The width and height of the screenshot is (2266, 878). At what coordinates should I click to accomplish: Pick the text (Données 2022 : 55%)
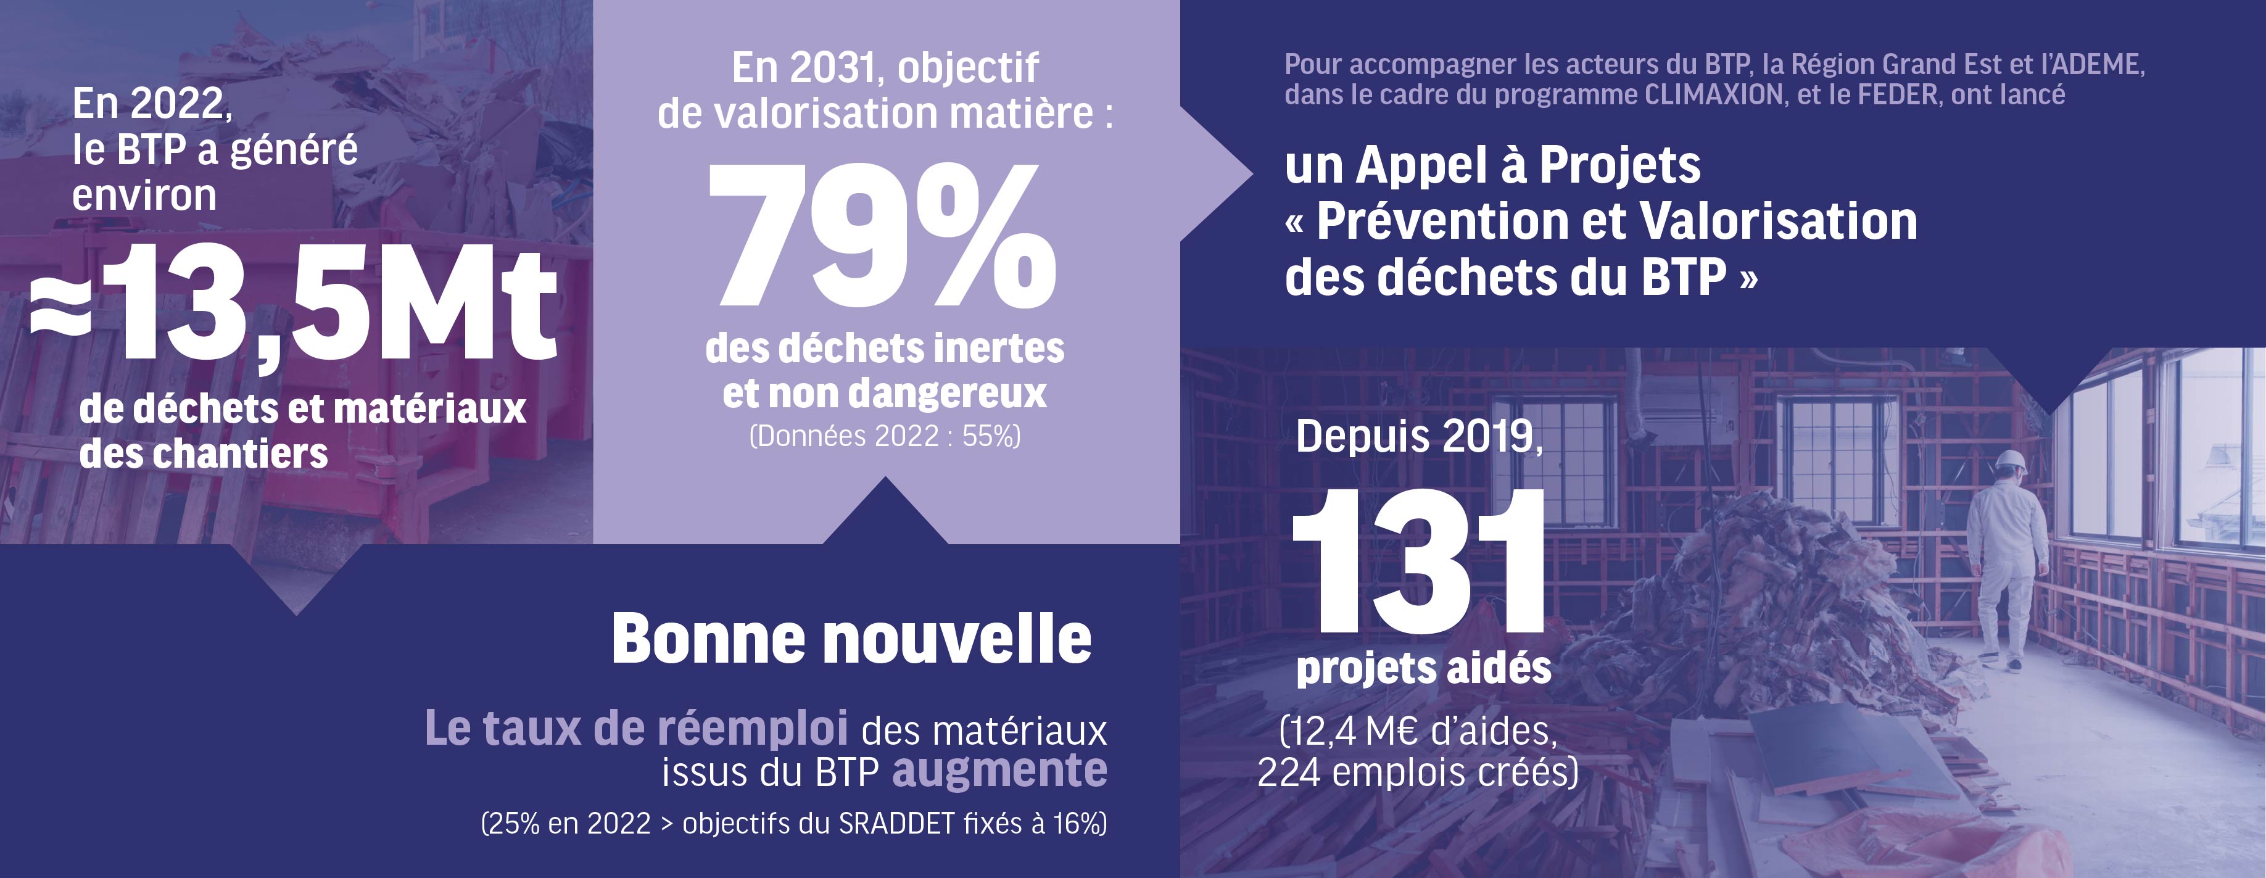tap(884, 436)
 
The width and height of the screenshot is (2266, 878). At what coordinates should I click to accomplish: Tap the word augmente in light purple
tap(999, 771)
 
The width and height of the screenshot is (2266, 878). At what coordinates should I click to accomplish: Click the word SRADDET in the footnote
tap(896, 824)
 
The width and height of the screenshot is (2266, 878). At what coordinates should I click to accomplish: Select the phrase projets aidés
tap(1423, 669)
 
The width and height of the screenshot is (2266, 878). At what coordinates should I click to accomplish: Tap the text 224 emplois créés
tap(1416, 773)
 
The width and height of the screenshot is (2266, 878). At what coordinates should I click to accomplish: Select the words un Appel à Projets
tap(1492, 165)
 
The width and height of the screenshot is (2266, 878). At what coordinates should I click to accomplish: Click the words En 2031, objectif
tap(884, 68)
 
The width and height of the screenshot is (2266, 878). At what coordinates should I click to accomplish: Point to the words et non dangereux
tap(884, 393)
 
